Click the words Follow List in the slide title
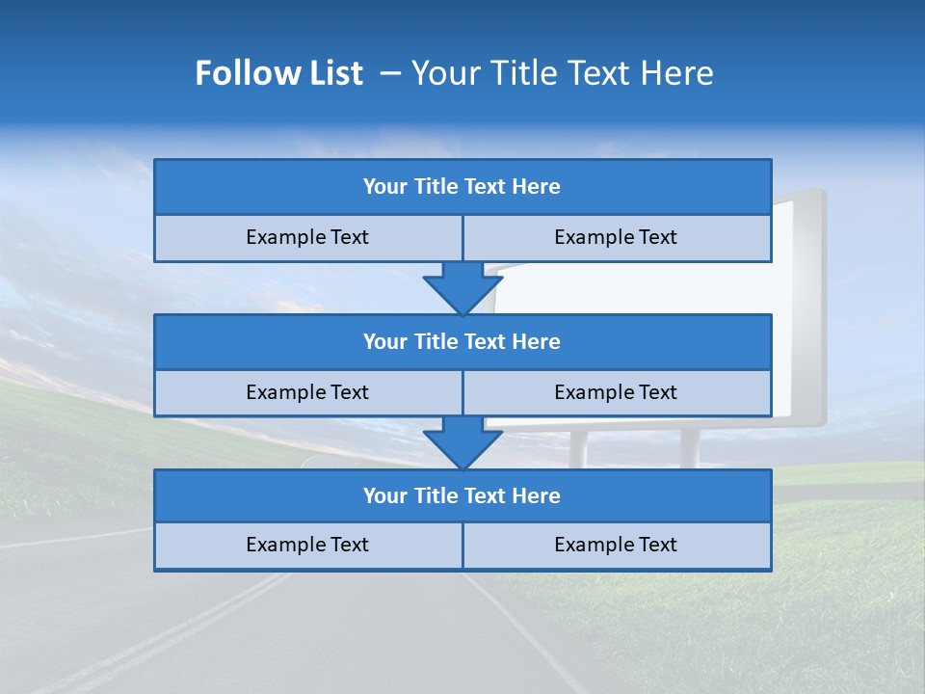(x=278, y=73)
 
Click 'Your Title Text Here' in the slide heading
(x=562, y=73)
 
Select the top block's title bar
(x=462, y=187)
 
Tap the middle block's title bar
(x=462, y=341)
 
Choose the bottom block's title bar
(x=462, y=495)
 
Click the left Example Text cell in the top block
(x=308, y=237)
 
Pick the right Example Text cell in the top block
(x=617, y=237)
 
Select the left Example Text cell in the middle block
(x=308, y=392)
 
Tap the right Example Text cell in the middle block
(x=617, y=392)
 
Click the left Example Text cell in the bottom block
(x=308, y=545)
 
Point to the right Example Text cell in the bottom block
(x=617, y=545)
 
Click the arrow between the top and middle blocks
(x=462, y=287)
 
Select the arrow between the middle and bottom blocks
(x=462, y=442)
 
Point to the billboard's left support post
(x=579, y=447)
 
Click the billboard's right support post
(x=690, y=447)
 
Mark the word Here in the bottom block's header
(x=537, y=495)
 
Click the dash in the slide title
(x=389, y=73)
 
